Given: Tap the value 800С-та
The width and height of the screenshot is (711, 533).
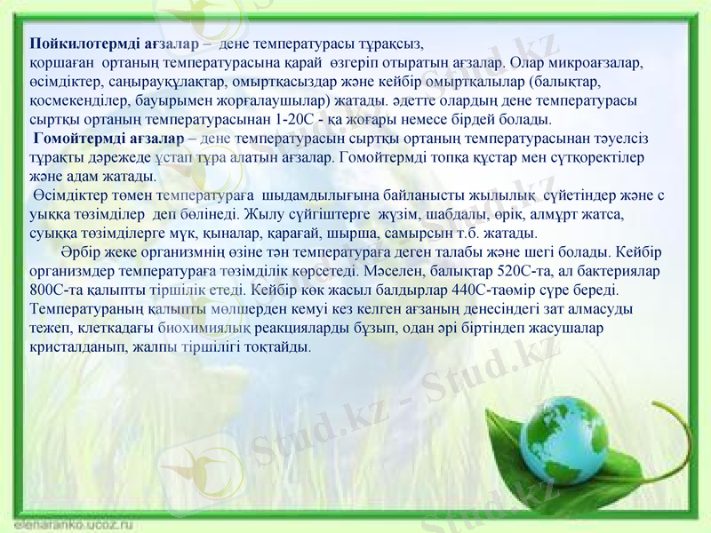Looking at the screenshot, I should click(x=56, y=290).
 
